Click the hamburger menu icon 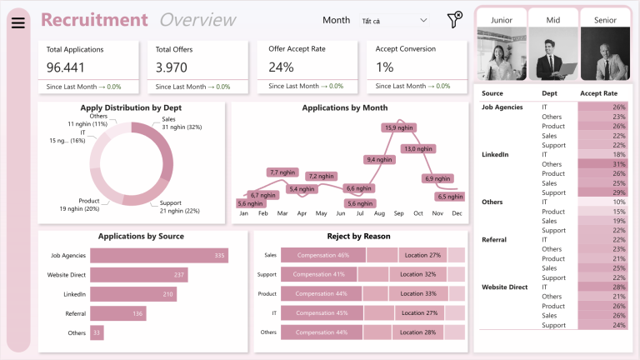click(17, 22)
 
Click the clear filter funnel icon click(454, 20)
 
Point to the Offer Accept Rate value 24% click(281, 67)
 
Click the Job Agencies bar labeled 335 click(158, 256)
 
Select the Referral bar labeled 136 click(117, 313)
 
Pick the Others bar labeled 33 click(97, 332)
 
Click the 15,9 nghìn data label click(397, 127)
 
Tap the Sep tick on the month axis click(398, 214)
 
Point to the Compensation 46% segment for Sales click(322, 255)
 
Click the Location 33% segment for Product click(417, 293)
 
